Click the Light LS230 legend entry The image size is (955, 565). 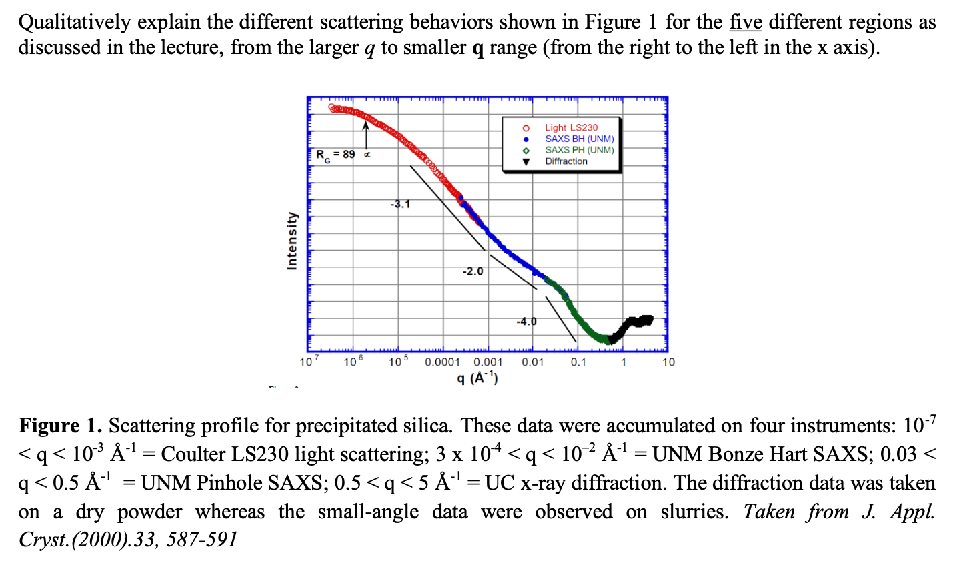571,127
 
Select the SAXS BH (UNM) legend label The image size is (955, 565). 579,139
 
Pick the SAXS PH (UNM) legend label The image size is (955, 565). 579,150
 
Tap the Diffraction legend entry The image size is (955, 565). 566,161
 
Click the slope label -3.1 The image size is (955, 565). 400,204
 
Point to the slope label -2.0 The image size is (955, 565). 472,271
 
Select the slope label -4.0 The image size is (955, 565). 526,322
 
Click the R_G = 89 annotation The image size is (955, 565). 335,155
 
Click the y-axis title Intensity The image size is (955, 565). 291,241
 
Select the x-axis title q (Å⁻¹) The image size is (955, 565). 477,378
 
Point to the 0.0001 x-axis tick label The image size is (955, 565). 443,362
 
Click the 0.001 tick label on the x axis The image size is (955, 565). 488,362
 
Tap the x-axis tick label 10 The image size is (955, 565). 668,362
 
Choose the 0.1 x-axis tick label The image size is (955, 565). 578,362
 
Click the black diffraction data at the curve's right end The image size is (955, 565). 634,323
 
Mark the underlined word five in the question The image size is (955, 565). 745,22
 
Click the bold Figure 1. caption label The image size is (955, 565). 60,426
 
